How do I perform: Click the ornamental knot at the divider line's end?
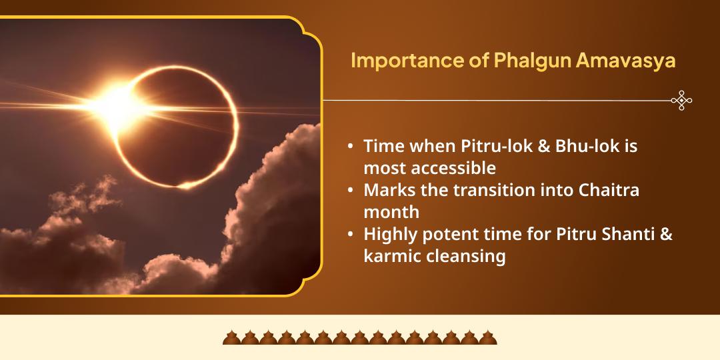[681, 101]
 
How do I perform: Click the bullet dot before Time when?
[351, 147]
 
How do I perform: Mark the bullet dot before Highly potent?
[351, 235]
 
